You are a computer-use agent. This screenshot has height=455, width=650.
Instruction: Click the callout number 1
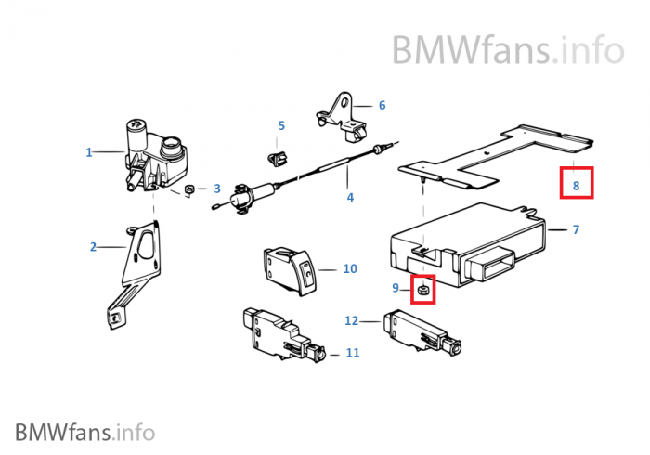point(89,151)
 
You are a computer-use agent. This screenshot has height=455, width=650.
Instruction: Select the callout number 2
point(93,246)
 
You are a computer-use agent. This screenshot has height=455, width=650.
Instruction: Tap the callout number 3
point(216,188)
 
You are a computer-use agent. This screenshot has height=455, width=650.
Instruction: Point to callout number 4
point(350,197)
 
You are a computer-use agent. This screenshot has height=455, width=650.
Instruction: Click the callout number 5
point(281,125)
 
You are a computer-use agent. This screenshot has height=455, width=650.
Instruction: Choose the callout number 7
point(576,228)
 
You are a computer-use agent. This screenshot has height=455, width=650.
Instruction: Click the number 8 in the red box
point(576,186)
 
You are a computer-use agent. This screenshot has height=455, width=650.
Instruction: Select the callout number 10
point(350,268)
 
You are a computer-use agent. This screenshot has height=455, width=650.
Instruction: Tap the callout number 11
point(352,353)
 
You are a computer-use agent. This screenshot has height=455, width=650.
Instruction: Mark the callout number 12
point(351,320)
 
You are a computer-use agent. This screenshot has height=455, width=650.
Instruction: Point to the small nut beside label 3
point(189,189)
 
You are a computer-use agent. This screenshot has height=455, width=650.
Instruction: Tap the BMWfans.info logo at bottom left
point(84,432)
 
